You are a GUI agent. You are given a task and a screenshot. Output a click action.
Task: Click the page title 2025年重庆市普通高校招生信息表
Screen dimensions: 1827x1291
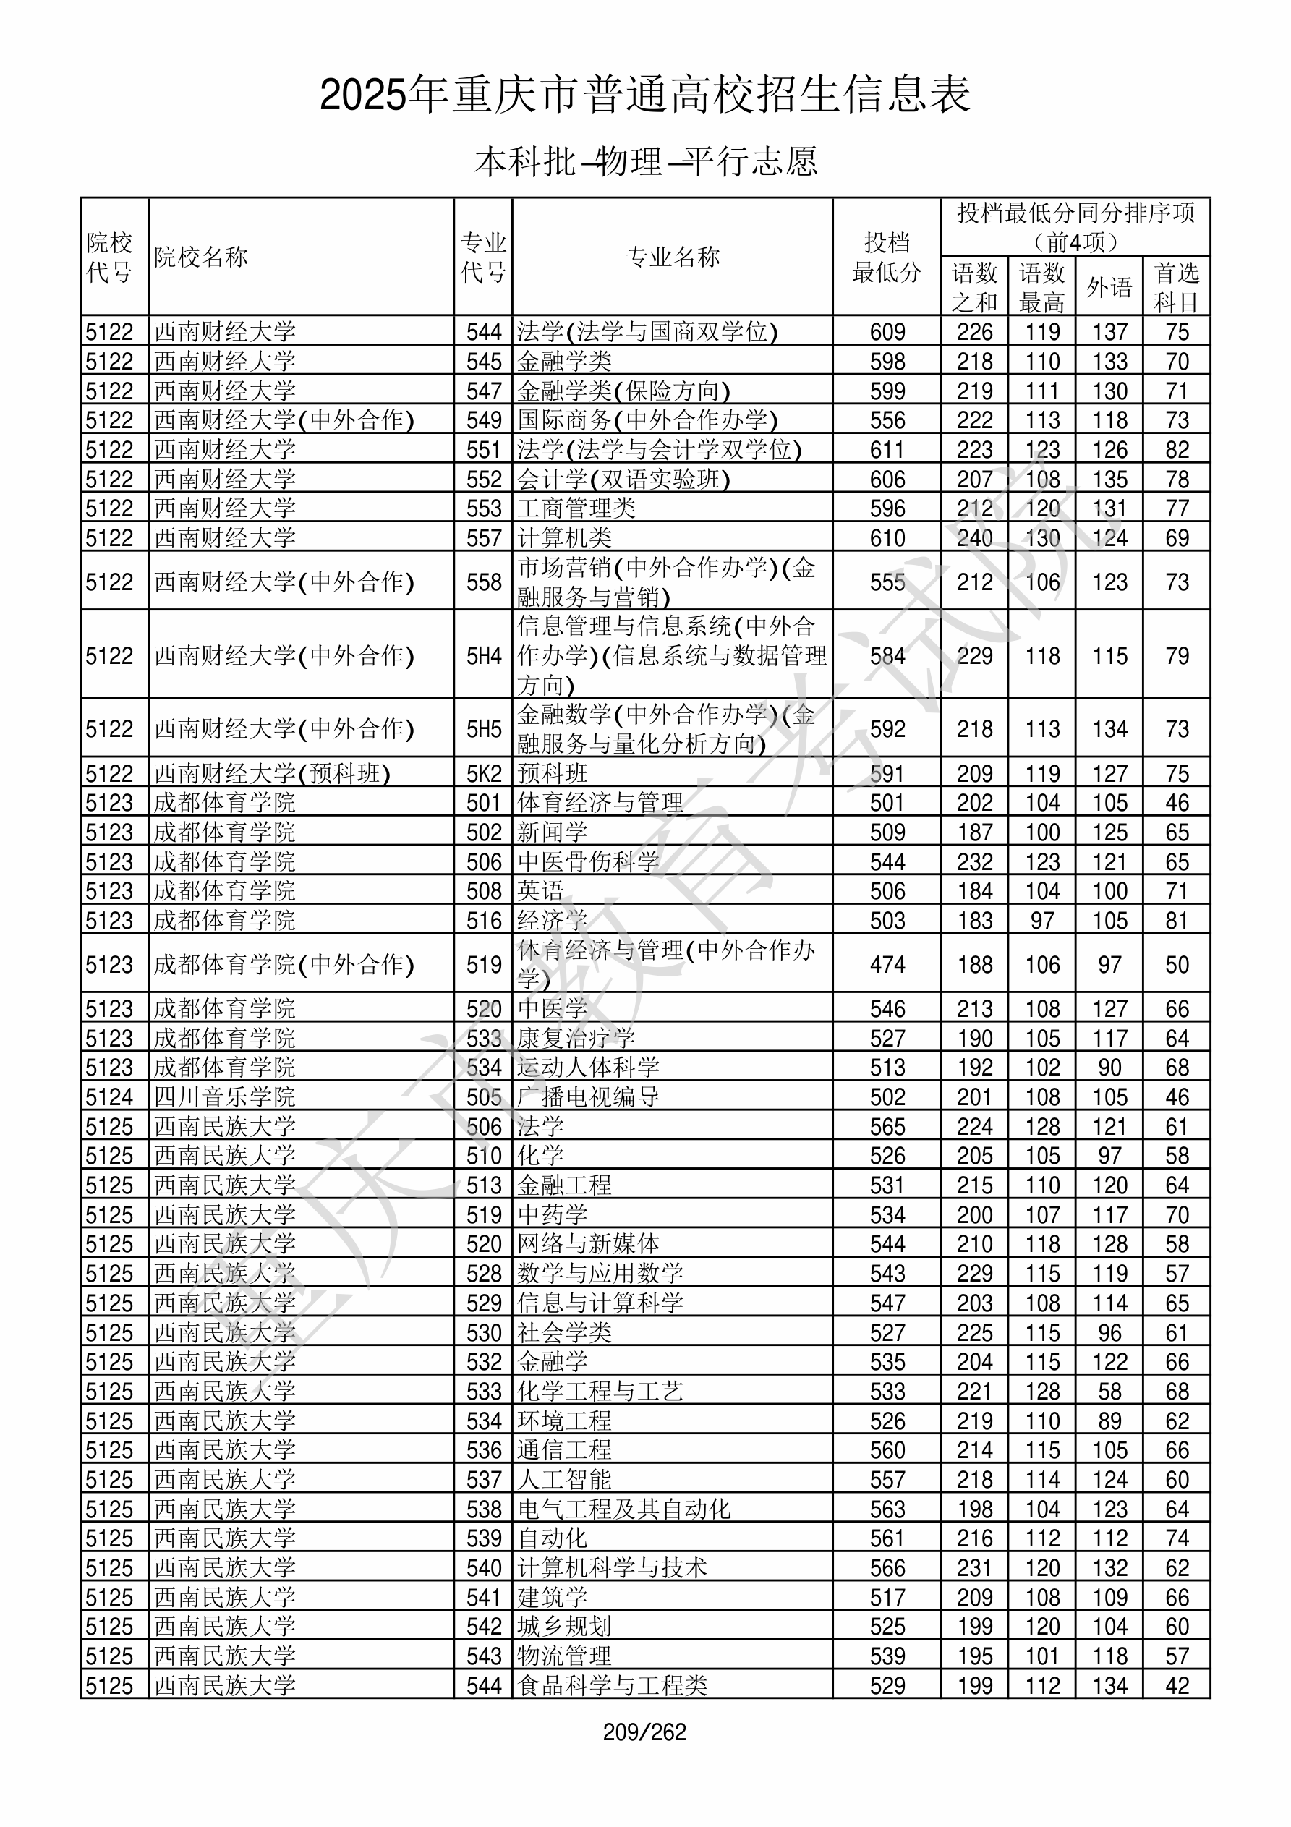644,95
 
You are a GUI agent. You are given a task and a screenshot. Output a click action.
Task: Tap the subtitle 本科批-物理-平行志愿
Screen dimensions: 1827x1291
644,161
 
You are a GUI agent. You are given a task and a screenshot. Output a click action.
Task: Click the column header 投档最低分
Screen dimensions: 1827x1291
886,257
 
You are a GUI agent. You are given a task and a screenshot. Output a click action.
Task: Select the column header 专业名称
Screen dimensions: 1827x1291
673,257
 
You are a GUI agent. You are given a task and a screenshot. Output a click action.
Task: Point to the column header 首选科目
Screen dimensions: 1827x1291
1177,287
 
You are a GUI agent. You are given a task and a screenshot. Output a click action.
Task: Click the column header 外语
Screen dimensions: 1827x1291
1109,287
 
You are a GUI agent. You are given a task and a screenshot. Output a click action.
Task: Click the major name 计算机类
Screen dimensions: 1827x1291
564,538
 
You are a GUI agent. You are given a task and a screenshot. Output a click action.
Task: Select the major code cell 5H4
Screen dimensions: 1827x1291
484,656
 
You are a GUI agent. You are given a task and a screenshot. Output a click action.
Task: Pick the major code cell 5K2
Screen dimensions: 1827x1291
484,773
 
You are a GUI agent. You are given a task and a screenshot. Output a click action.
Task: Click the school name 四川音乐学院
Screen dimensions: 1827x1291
224,1097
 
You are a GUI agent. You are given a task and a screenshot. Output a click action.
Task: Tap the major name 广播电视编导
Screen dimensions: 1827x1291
588,1097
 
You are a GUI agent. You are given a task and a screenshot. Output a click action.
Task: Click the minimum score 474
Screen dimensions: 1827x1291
887,964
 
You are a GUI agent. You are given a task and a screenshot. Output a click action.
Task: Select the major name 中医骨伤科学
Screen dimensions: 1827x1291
588,861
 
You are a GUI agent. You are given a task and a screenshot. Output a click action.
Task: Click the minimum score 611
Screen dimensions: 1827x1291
887,450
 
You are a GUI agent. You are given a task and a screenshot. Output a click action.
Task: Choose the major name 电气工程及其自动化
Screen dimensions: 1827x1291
624,1509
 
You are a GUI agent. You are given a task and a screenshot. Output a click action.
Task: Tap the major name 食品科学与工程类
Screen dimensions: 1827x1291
612,1686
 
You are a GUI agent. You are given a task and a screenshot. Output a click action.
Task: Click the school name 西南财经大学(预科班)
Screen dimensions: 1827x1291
272,773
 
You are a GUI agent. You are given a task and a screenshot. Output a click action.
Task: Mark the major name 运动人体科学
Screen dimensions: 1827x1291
588,1068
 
